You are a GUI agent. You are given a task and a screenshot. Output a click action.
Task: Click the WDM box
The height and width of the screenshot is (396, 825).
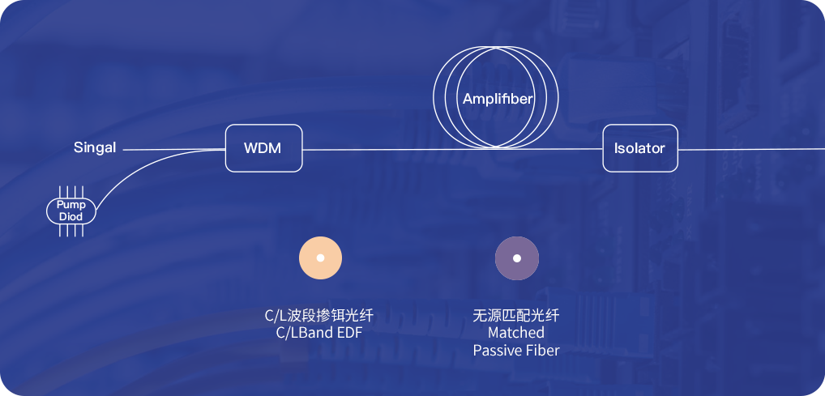[x=263, y=148]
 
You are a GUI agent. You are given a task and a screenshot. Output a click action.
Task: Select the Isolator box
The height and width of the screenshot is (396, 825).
[x=639, y=148]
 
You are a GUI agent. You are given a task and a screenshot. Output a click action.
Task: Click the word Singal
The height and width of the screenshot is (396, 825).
[x=95, y=148]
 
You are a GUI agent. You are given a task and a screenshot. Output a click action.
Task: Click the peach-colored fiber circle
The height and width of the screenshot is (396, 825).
[x=320, y=258]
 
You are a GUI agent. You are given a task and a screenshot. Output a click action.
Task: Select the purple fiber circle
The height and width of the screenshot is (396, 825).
[x=517, y=258]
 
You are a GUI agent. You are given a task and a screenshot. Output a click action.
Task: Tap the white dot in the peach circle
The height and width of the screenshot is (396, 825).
[x=320, y=258]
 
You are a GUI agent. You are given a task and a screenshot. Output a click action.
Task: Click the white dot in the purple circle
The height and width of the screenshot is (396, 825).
[x=517, y=258]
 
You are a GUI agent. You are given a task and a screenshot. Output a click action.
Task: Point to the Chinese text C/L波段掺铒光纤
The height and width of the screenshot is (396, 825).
[x=319, y=315]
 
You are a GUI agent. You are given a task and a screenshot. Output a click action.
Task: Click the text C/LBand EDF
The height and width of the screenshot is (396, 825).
[x=319, y=332]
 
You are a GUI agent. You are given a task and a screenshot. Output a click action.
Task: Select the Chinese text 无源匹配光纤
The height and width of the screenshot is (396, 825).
[x=516, y=315]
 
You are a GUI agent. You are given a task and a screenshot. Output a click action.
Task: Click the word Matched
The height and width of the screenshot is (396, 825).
[x=516, y=333]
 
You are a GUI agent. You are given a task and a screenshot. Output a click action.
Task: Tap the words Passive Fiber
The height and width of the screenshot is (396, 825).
[x=516, y=351]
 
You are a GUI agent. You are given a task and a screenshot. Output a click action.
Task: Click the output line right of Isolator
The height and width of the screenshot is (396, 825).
[x=746, y=150]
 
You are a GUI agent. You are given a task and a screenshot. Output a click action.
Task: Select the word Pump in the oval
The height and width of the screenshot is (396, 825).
[x=71, y=206]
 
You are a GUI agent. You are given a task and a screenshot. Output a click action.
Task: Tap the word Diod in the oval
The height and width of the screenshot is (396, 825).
[x=71, y=216]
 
